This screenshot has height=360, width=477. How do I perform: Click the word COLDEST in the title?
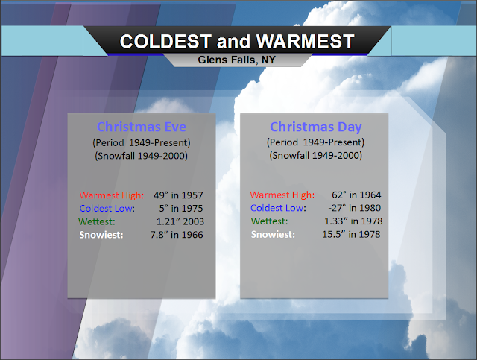point(165,42)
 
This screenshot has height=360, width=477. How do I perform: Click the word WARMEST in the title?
point(305,42)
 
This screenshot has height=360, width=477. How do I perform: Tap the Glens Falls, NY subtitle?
point(237,60)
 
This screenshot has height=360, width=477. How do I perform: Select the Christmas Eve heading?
point(142,127)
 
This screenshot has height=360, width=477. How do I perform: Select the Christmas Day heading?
point(316,127)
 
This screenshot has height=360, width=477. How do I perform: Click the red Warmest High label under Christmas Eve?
point(112,195)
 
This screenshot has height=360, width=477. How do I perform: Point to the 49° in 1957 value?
point(178,195)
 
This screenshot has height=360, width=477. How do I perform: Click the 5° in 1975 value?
point(180,209)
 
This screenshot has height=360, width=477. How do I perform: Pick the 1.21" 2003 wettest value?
point(180,221)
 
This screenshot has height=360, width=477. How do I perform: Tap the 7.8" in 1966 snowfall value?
point(177,235)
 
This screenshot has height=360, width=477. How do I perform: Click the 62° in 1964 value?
point(356,195)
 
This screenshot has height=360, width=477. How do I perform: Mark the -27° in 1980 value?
point(355,208)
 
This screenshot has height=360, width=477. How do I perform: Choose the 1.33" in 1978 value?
point(353,221)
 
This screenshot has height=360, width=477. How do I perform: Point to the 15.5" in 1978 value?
point(351,234)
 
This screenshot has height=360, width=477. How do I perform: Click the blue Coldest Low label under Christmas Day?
point(278,208)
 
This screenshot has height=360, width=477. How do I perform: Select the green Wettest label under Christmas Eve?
point(97,221)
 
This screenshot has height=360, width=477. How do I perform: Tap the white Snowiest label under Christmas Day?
point(273,234)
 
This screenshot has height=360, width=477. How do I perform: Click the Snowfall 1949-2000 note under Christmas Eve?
point(141,156)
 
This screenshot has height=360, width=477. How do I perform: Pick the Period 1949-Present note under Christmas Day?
point(315,142)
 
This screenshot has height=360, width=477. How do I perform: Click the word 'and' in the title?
point(233,42)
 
